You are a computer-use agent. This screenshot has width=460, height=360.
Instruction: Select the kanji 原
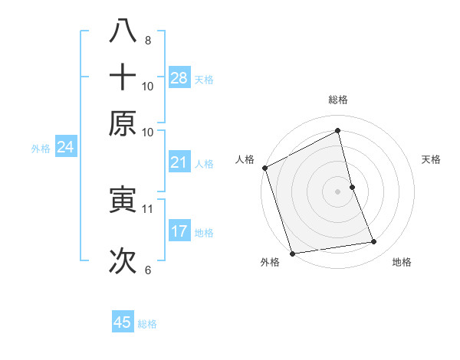(x=123, y=123)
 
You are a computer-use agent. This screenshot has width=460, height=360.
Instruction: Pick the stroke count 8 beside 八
(x=147, y=40)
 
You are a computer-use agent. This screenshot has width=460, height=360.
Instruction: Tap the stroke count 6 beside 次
(x=147, y=270)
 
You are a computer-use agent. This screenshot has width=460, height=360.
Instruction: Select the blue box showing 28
(x=179, y=78)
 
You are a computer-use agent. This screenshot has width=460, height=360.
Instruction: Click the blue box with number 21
(x=179, y=162)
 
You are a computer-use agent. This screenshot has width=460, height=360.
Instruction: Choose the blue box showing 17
(x=179, y=231)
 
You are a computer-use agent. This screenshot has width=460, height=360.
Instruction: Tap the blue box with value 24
(x=65, y=147)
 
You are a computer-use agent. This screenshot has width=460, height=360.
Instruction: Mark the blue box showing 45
(x=123, y=322)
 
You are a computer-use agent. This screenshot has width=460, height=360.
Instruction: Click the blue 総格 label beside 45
(x=147, y=324)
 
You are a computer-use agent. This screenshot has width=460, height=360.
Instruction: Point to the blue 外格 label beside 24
(x=40, y=149)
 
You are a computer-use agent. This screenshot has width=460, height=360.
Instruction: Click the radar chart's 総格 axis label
(x=337, y=100)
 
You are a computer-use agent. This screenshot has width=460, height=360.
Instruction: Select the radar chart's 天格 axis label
(x=432, y=159)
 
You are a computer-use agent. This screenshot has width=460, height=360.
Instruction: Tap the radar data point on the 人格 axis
(x=264, y=168)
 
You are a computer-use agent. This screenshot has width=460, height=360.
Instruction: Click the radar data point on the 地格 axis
(x=374, y=242)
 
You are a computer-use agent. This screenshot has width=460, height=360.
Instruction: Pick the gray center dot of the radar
(x=337, y=191)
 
